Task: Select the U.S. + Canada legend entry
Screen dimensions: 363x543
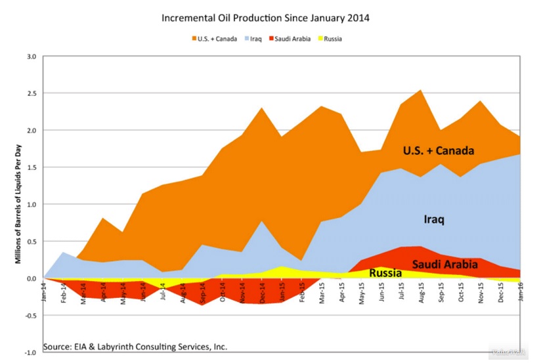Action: pyautogui.click(x=217, y=39)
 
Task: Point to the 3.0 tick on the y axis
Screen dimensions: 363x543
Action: pyautogui.click(x=30, y=56)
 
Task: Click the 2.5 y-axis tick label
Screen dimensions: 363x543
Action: pyautogui.click(x=30, y=93)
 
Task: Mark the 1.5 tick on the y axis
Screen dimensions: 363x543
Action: pyautogui.click(x=30, y=167)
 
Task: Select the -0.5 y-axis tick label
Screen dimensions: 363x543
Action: pyautogui.click(x=29, y=316)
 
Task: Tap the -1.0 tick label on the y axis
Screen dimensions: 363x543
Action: pyautogui.click(x=29, y=352)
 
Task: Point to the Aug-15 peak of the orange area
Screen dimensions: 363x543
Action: pyautogui.click(x=420, y=90)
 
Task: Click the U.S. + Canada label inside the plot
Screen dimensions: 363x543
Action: pyautogui.click(x=438, y=151)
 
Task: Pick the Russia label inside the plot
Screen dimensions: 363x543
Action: pyautogui.click(x=385, y=272)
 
